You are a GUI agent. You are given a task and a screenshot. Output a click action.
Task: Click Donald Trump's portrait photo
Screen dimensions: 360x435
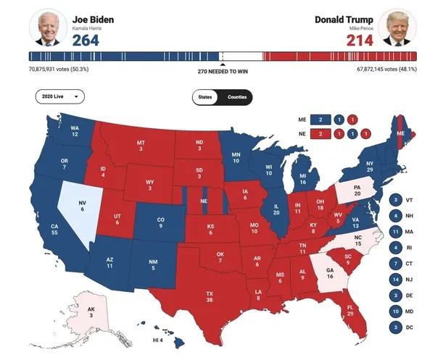click(397, 28)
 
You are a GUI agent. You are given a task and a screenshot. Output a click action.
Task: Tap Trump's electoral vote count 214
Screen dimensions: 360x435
click(359, 39)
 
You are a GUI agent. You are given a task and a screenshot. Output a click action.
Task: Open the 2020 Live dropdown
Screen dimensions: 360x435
click(59, 96)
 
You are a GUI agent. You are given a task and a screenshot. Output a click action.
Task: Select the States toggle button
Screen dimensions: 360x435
click(206, 96)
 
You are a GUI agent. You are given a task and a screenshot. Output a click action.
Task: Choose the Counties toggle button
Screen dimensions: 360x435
click(236, 96)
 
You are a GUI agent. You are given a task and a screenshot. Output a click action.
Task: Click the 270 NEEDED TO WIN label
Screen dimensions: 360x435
click(222, 72)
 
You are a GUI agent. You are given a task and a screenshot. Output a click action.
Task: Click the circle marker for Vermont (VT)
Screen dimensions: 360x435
click(396, 200)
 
